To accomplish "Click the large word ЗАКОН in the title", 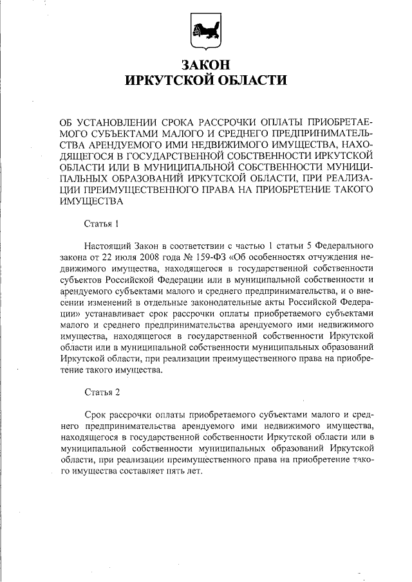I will tap(205, 66).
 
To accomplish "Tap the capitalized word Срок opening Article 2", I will tap(97, 414).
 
